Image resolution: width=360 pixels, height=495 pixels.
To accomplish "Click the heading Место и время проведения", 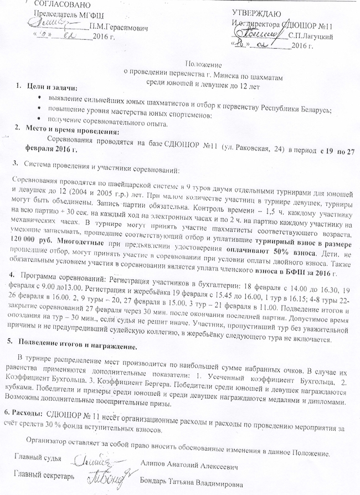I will point(71,132).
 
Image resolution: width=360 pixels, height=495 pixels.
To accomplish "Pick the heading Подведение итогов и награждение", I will point(81,347).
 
